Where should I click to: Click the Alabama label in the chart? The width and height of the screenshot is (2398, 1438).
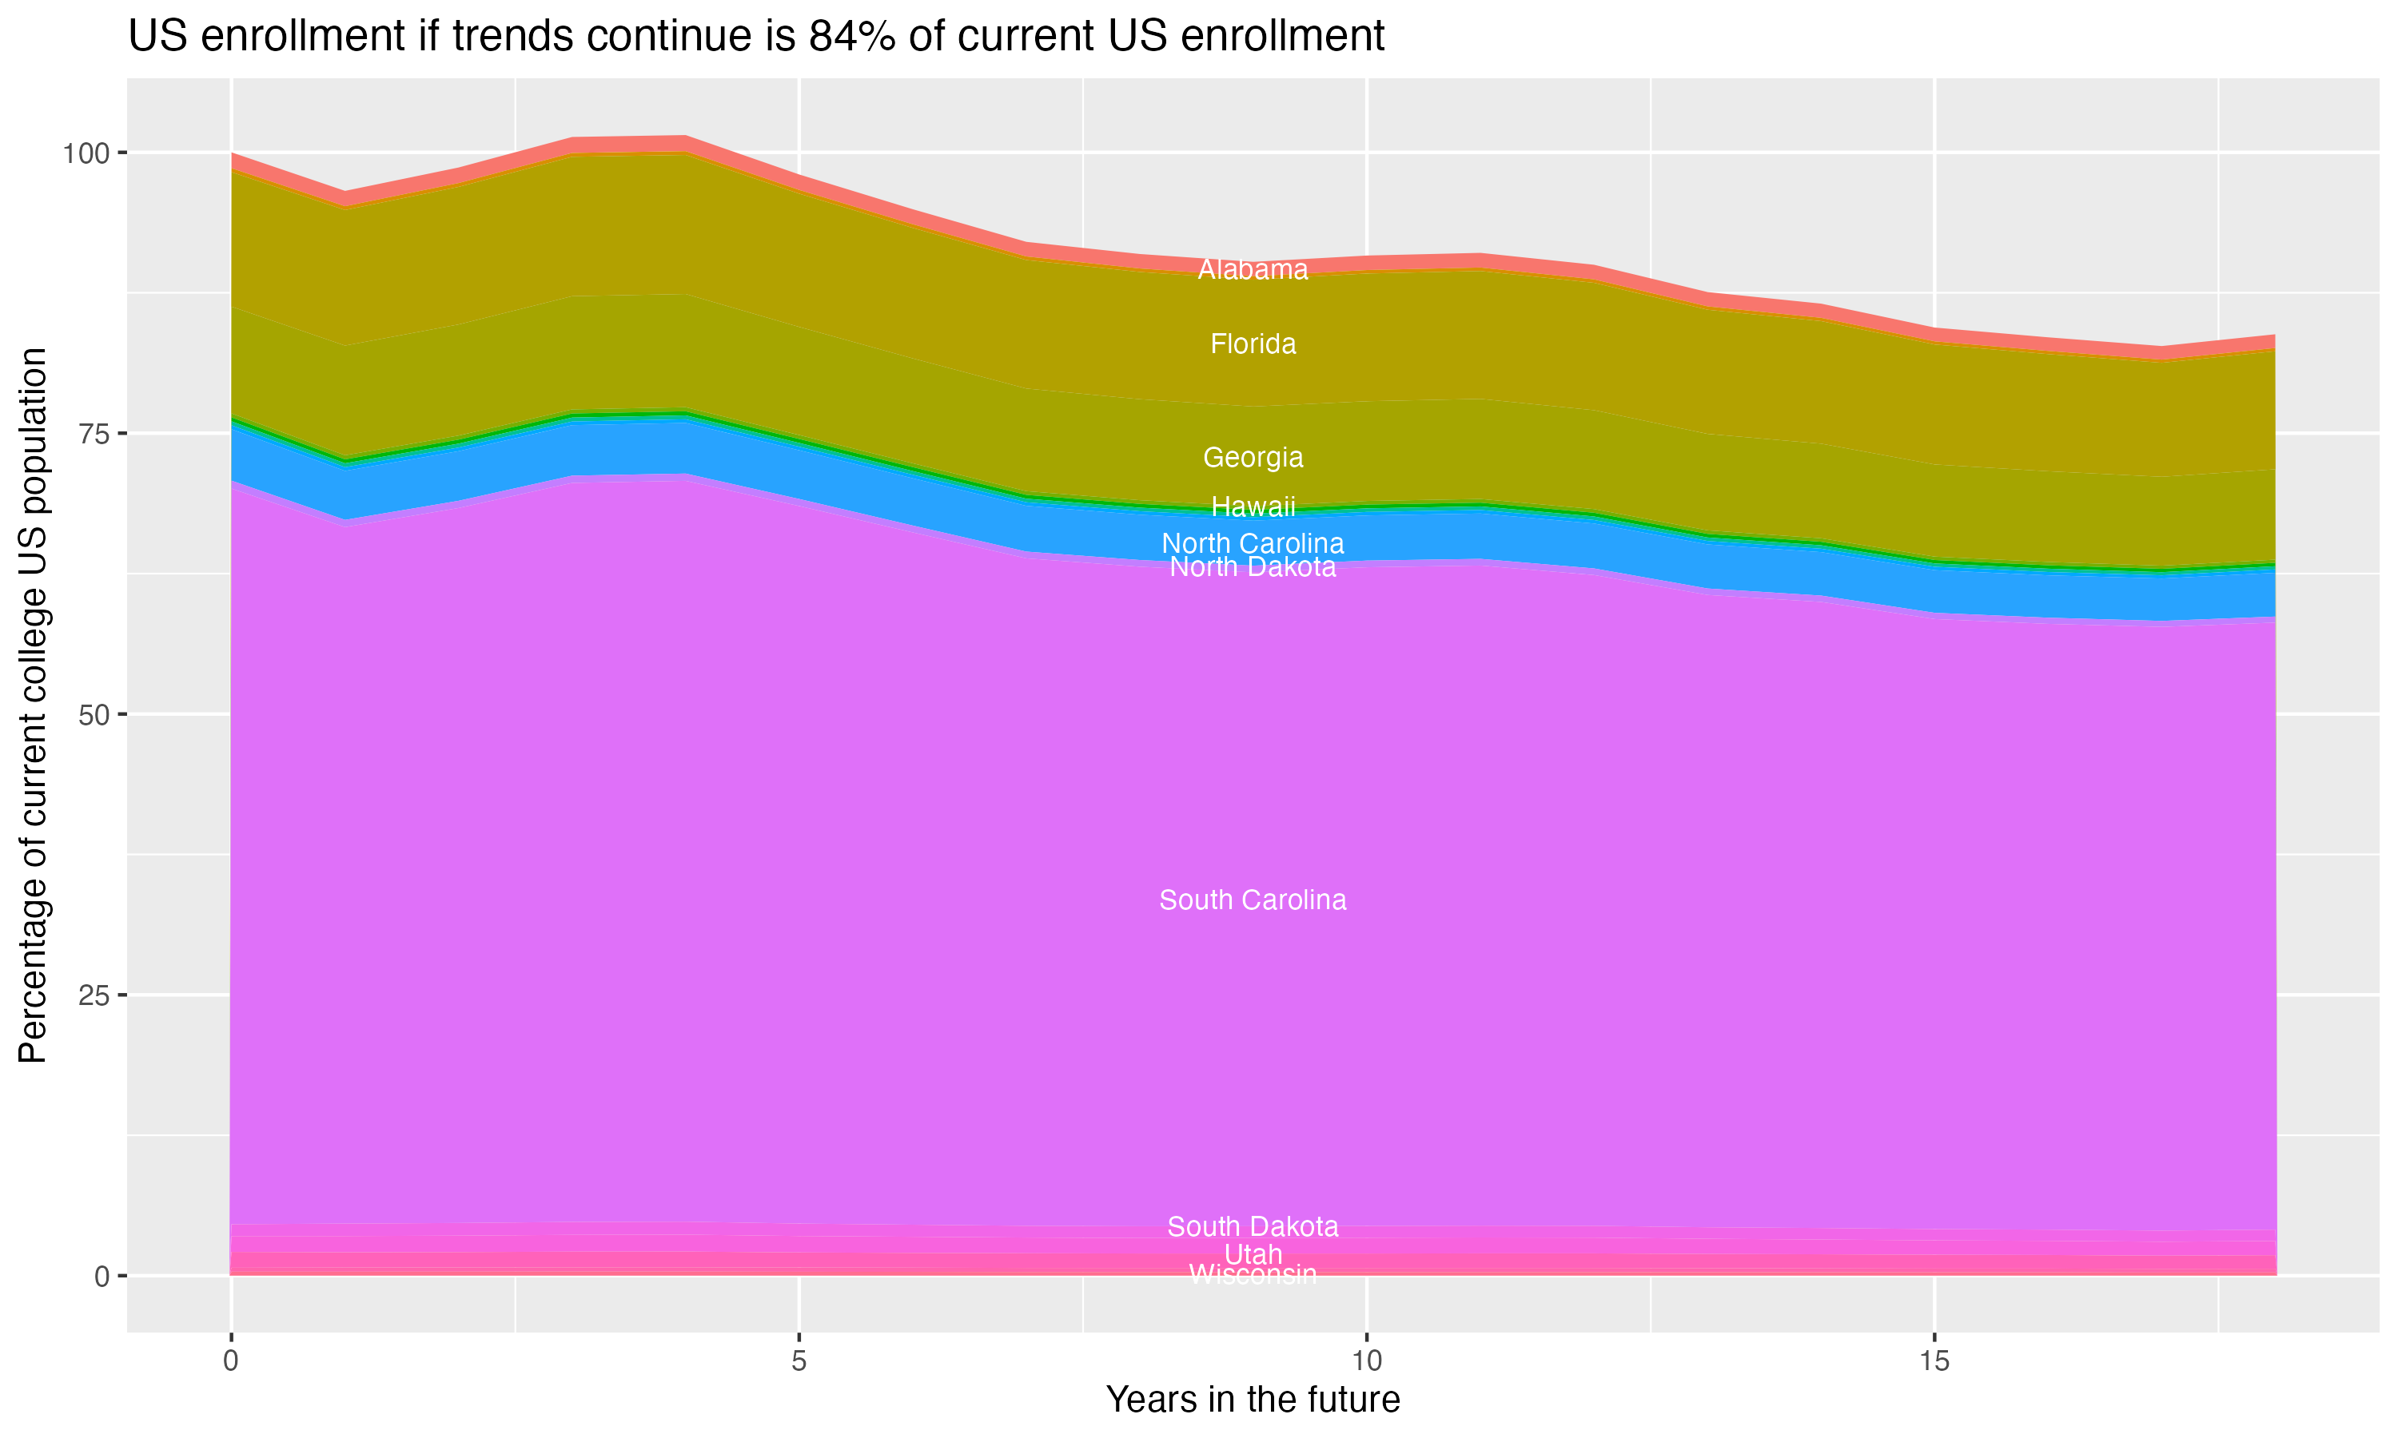(1253, 270)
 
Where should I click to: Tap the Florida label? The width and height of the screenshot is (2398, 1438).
(1253, 344)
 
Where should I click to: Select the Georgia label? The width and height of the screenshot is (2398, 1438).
(1253, 458)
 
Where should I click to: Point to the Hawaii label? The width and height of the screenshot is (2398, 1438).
(1253, 506)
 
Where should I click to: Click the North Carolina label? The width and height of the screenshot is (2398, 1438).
(1253, 543)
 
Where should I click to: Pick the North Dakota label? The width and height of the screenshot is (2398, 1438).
(1253, 568)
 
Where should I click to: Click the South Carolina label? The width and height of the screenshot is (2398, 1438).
(1253, 900)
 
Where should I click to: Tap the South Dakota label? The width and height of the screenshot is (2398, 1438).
(1253, 1227)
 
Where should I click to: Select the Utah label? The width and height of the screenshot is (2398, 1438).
(1253, 1255)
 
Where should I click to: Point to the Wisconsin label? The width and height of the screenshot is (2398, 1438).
(1253, 1275)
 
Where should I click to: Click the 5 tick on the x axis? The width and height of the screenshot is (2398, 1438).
(799, 1361)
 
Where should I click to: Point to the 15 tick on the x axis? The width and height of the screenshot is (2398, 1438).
(1934, 1361)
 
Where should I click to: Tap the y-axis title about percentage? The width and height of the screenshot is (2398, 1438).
(33, 705)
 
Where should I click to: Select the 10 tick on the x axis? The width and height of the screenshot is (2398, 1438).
(1366, 1361)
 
